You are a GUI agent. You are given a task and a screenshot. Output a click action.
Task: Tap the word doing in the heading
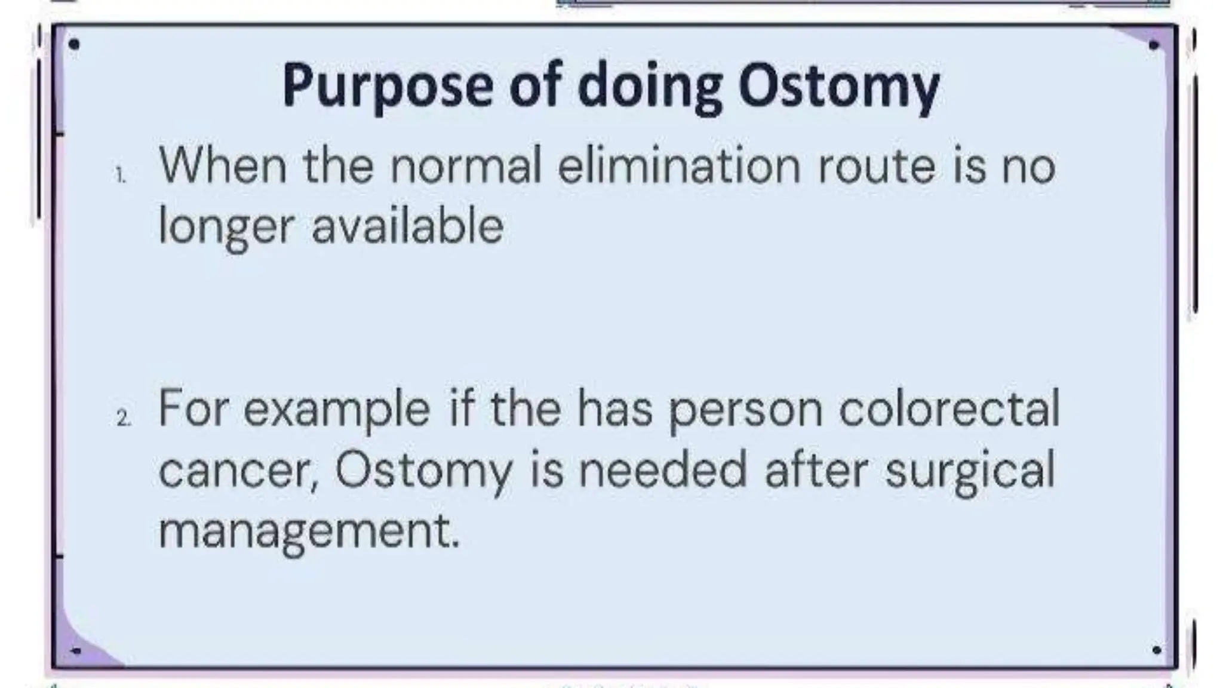coord(649,87)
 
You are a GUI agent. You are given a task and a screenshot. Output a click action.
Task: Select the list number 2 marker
coord(124,419)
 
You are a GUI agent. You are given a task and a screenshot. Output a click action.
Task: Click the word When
coord(222,165)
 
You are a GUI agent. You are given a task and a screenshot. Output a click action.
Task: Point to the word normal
coord(465,165)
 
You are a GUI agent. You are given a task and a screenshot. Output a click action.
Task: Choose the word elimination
coord(678,165)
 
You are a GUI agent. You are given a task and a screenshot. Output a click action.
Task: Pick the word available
coord(408,227)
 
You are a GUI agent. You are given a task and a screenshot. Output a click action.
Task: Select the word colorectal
coord(949,409)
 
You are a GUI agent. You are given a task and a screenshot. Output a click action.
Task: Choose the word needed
coord(663,470)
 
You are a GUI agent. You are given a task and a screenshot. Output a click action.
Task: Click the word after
coord(816,470)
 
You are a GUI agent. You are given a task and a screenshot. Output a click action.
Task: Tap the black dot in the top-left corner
coord(75,44)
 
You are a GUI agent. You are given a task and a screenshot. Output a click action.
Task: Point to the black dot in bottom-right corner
coord(1156,649)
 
